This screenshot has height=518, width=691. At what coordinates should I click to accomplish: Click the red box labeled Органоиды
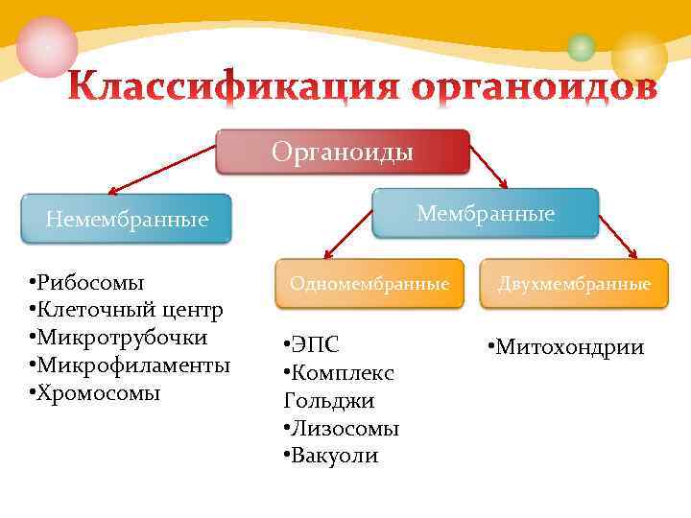click(343, 152)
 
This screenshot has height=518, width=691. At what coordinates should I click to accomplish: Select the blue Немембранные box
click(128, 220)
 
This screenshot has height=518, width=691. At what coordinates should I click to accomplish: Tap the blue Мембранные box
click(485, 213)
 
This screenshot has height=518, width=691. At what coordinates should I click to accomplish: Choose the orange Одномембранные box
click(369, 284)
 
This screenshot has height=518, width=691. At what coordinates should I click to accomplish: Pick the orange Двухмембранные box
click(574, 284)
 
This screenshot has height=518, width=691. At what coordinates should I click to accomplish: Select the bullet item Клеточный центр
click(129, 310)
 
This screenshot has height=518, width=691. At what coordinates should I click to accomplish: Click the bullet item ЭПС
click(315, 344)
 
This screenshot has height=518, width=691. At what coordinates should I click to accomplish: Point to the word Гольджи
click(329, 400)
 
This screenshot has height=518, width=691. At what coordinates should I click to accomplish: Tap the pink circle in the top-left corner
click(46, 46)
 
